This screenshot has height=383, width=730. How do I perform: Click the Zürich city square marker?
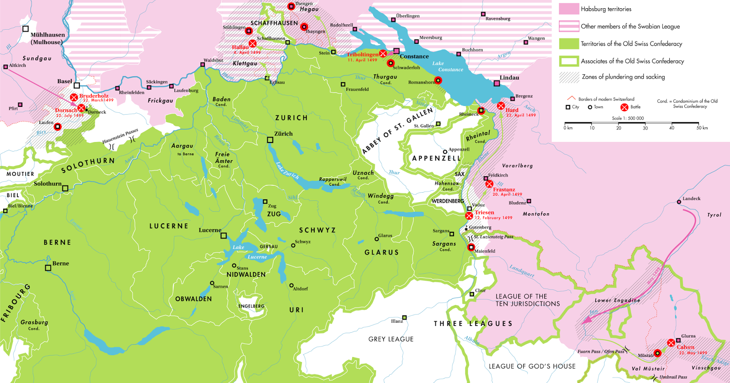[x=270, y=140]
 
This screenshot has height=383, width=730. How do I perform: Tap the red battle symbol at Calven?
[x=671, y=343]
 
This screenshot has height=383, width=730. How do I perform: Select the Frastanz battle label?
[x=504, y=189]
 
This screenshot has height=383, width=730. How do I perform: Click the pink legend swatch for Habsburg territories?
[x=568, y=9]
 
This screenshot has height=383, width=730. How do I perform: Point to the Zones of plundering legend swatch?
[x=568, y=77]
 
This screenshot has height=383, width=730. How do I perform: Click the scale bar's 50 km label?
[x=702, y=128]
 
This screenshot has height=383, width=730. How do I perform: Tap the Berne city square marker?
[x=48, y=268]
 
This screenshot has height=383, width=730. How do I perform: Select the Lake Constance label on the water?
[x=444, y=67]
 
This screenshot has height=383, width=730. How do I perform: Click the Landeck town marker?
[x=679, y=202]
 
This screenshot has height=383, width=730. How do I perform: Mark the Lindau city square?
[x=497, y=84]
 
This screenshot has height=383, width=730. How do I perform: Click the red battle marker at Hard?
[x=501, y=106]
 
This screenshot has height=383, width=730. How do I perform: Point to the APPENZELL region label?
[x=436, y=158]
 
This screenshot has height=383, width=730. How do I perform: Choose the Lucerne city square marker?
[x=224, y=236]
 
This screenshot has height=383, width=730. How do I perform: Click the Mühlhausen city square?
[x=26, y=29]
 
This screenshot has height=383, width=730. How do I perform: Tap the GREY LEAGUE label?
[x=391, y=339]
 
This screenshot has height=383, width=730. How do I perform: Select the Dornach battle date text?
[x=70, y=115]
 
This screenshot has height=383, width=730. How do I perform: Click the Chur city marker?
[x=472, y=294]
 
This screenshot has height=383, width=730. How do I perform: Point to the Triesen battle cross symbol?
[x=469, y=216]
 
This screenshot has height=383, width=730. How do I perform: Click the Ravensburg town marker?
[x=483, y=14]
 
